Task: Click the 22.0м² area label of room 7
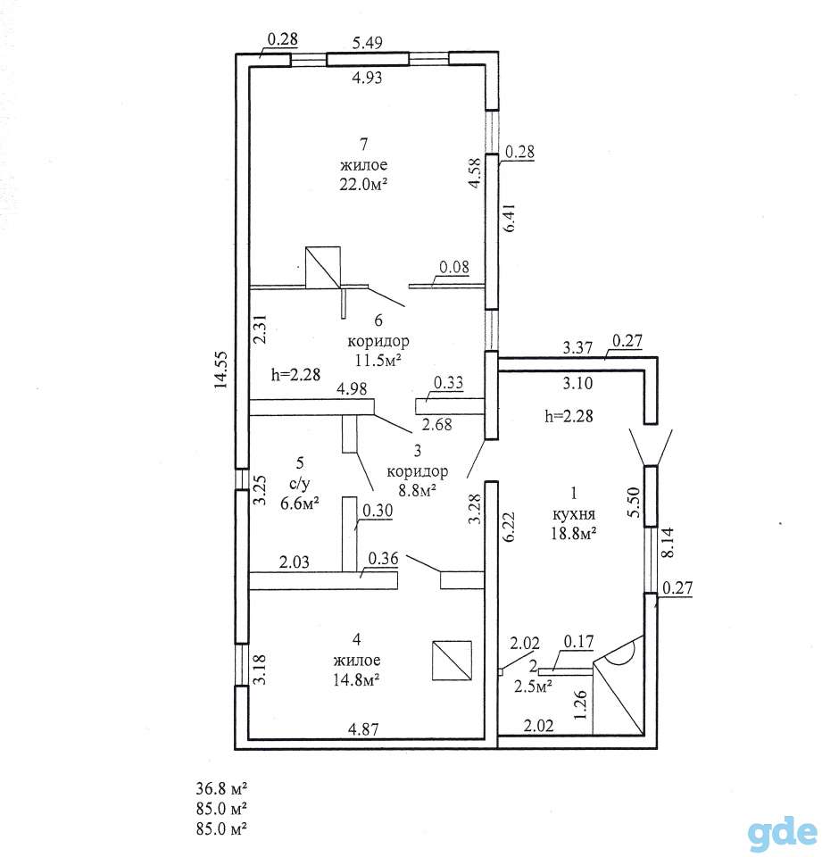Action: click(363, 184)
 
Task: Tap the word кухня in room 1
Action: click(574, 514)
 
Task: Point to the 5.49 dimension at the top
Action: click(368, 43)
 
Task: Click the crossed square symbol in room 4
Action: click(452, 661)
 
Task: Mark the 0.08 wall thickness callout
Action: click(454, 267)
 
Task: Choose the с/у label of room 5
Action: click(300, 484)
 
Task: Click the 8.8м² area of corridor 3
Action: click(417, 490)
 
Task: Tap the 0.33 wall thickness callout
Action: click(448, 382)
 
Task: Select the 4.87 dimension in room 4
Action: click(363, 728)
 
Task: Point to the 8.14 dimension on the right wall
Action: click(668, 542)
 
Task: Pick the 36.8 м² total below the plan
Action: click(221, 788)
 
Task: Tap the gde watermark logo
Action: click(782, 833)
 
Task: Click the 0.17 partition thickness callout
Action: click(578, 641)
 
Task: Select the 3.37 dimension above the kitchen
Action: click(577, 347)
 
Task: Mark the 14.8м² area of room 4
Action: click(357, 679)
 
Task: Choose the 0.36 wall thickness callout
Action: click(383, 559)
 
